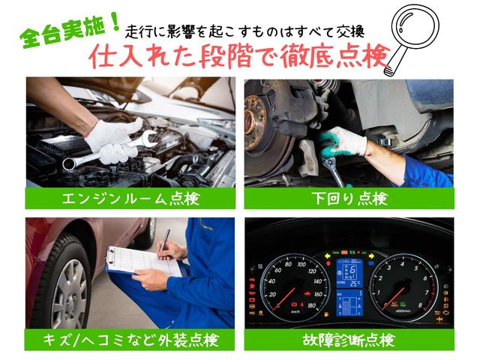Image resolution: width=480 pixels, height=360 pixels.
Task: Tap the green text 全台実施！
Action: (69, 31)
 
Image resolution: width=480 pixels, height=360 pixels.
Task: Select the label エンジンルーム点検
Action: (130, 199)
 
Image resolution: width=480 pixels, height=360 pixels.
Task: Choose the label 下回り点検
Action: (349, 199)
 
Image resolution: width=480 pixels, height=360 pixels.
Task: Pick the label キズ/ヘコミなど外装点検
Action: (130, 340)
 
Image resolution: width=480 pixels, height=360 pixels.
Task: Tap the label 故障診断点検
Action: (349, 340)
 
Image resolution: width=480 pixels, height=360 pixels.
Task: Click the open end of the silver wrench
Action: (148, 138)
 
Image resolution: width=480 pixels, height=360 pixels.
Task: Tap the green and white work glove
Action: (342, 142)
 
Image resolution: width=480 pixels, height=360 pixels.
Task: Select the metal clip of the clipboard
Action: (109, 256)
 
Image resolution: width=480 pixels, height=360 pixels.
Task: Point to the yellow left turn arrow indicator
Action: (328, 255)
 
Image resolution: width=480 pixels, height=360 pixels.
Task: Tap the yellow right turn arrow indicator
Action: (372, 256)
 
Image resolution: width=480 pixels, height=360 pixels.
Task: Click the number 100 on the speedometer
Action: (301, 265)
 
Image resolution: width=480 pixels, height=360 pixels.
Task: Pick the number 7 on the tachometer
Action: (427, 293)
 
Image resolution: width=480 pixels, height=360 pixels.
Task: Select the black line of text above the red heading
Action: (245, 31)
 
